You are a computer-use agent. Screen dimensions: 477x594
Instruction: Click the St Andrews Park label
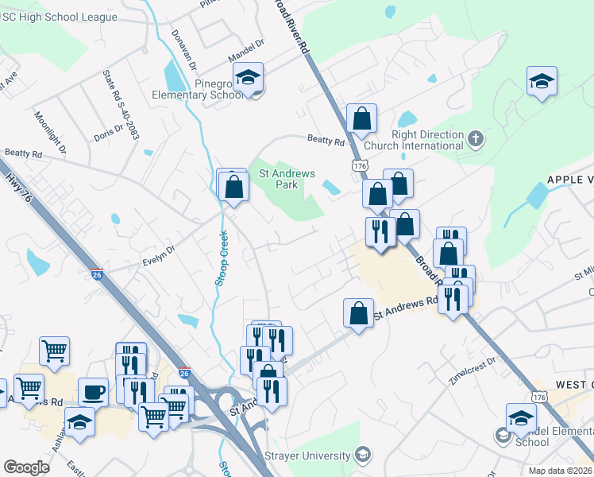pos(287,179)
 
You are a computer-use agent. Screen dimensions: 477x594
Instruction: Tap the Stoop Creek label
pos(223,258)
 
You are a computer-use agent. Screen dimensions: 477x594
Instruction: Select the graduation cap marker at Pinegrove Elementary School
pos(249,78)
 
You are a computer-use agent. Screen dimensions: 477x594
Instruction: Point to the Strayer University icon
pos(362,456)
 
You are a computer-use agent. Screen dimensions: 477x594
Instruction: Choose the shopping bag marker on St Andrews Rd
pos(359,312)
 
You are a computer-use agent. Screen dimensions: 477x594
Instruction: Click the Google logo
pos(26,467)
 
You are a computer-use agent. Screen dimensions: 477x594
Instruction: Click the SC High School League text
pos(60,17)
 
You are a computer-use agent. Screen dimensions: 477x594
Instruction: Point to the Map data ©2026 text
pos(560,470)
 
